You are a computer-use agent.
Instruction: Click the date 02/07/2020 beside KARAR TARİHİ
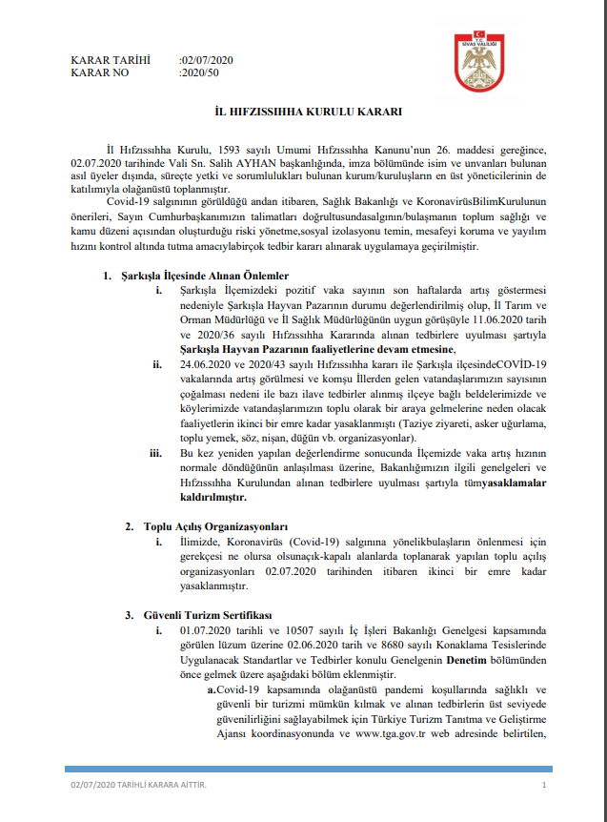point(207,59)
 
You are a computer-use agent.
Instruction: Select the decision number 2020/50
point(199,72)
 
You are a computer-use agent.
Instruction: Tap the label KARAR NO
point(100,72)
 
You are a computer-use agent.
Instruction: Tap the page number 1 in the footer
point(542,784)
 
